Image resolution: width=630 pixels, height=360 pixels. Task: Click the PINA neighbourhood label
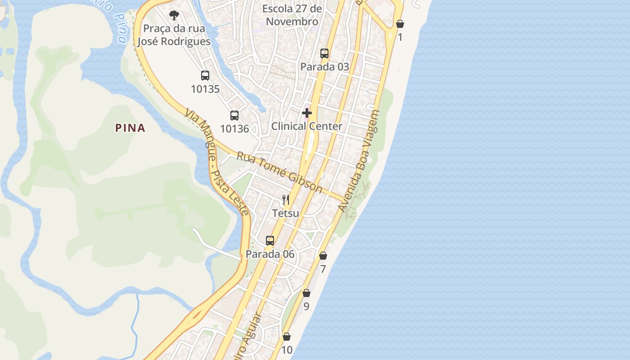tap(130, 128)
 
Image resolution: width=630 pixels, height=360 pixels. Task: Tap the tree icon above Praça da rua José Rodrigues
tap(174, 16)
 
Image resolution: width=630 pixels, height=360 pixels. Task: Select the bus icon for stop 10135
tap(205, 76)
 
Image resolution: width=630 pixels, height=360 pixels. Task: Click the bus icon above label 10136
tap(234, 116)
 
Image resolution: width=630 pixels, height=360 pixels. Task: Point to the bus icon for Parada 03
tap(324, 54)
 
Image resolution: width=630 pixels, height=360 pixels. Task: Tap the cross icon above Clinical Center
tap(307, 112)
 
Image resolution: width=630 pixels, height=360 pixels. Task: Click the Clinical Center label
tap(306, 126)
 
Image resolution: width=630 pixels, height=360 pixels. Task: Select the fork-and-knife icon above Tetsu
tap(286, 199)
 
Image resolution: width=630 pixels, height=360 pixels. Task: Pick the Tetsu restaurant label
tap(286, 213)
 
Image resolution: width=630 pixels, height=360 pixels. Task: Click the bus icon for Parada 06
tap(270, 241)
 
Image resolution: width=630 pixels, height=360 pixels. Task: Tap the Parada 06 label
tap(270, 254)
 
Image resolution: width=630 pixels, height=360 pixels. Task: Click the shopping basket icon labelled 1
tap(400, 24)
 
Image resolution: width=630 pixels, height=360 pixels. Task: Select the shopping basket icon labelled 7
tap(323, 256)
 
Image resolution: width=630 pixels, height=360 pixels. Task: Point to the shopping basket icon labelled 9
tap(306, 293)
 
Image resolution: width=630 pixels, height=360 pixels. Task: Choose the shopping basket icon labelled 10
tap(287, 337)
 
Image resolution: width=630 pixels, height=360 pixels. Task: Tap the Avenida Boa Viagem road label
tap(359, 161)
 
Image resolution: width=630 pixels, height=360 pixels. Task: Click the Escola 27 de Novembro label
tap(292, 15)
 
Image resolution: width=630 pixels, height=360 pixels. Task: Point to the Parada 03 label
tap(324, 67)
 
